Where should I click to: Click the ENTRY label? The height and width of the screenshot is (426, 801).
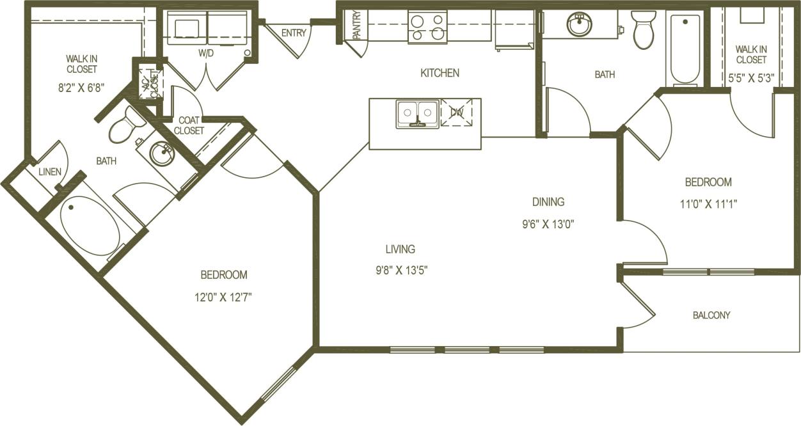pyautogui.click(x=294, y=33)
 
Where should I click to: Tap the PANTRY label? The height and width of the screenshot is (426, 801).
pyautogui.click(x=356, y=25)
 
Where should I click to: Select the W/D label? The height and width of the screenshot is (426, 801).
pyautogui.click(x=206, y=53)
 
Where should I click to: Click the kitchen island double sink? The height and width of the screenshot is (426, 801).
pyautogui.click(x=416, y=114)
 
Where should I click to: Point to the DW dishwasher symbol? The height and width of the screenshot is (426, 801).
pyautogui.click(x=456, y=113)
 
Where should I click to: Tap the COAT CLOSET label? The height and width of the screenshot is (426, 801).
pyautogui.click(x=191, y=125)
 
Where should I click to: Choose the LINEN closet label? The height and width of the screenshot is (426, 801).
pyautogui.click(x=50, y=172)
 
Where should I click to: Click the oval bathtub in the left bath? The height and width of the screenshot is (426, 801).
pyautogui.click(x=90, y=226)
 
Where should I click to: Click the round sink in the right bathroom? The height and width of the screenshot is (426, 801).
pyautogui.click(x=580, y=25)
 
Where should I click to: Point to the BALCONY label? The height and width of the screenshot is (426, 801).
pyautogui.click(x=711, y=315)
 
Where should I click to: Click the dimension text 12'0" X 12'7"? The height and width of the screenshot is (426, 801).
pyautogui.click(x=224, y=297)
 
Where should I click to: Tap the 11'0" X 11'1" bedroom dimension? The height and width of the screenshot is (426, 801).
pyautogui.click(x=708, y=205)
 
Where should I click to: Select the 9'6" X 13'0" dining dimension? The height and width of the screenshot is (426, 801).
pyautogui.click(x=548, y=224)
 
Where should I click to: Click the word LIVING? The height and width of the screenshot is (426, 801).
pyautogui.click(x=400, y=249)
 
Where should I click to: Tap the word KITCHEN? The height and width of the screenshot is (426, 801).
pyautogui.click(x=440, y=73)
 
